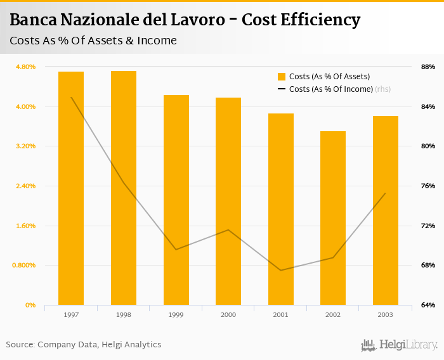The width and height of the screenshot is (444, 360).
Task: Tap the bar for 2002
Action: (x=333, y=218)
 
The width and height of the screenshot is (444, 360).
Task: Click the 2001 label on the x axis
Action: (x=280, y=315)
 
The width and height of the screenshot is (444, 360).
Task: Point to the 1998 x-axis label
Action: (x=124, y=315)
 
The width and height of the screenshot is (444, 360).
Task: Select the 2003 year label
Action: (x=385, y=315)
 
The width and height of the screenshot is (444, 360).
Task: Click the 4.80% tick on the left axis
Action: (x=25, y=67)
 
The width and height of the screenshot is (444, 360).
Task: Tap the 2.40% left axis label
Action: (x=25, y=186)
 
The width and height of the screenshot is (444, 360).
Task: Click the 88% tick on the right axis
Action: (x=428, y=67)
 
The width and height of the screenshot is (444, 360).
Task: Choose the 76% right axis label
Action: (x=428, y=186)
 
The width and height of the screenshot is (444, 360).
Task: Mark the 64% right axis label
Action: (x=428, y=305)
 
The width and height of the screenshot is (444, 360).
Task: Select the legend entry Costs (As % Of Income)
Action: (x=330, y=89)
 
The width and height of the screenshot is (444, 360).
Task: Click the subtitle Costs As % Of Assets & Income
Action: (x=93, y=41)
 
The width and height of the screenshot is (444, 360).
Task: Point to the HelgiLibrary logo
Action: (x=400, y=345)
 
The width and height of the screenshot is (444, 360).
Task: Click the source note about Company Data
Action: (x=84, y=345)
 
